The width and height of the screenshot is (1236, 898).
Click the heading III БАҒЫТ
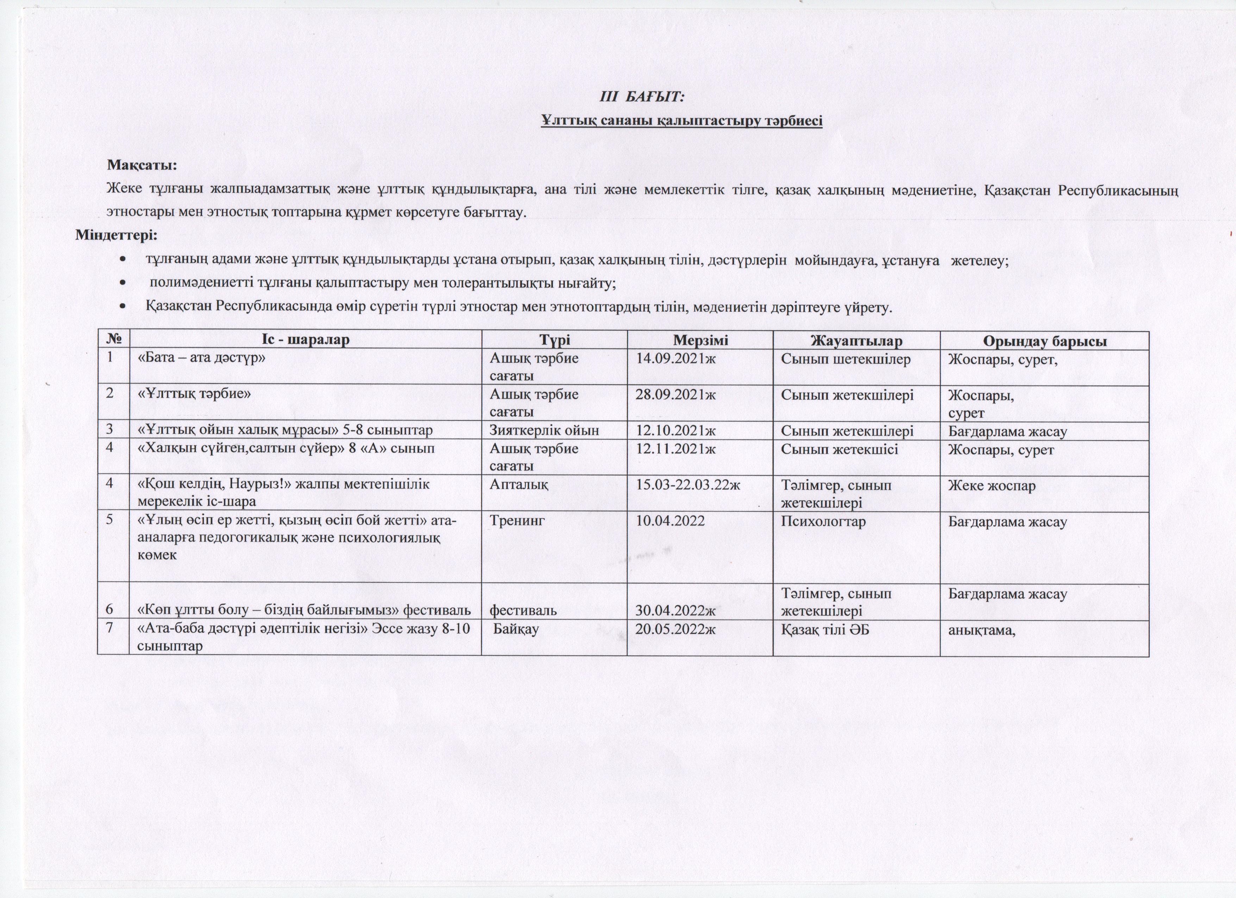642,97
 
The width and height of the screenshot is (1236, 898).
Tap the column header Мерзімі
700,341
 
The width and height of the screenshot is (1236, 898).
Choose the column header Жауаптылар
856,341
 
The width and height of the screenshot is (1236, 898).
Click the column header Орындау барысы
1044,342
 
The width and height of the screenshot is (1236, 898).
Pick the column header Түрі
554,341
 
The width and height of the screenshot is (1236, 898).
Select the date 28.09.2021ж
675,394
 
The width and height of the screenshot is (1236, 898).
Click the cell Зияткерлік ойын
544,430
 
